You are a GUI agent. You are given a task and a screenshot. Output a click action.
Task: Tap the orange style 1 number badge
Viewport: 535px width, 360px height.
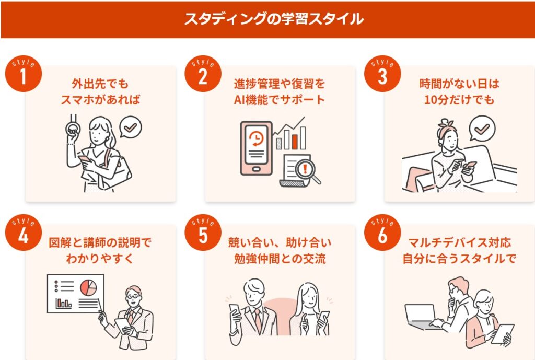click(x=22, y=75)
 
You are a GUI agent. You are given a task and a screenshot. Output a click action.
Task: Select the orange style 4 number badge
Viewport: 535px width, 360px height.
click(x=22, y=235)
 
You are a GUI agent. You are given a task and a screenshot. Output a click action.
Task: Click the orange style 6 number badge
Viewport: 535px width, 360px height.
click(x=382, y=235)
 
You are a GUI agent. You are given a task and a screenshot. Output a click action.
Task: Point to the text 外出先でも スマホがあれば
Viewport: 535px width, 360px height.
click(x=99, y=92)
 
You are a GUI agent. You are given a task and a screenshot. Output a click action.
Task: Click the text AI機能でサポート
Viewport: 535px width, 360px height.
click(x=279, y=100)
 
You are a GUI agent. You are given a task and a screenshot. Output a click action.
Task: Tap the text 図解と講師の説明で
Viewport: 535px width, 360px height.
click(x=99, y=243)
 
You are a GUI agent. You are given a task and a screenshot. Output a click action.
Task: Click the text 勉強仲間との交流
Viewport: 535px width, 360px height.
click(x=279, y=259)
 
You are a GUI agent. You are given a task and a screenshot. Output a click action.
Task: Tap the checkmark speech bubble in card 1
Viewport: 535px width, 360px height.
click(x=131, y=126)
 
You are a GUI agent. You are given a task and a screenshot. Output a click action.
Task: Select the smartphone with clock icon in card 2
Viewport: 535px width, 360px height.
click(x=256, y=148)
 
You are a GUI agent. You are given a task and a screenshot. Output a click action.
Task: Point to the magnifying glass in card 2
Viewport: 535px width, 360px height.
click(x=305, y=170)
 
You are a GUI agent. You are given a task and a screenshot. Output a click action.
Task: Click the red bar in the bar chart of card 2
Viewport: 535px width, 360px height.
click(x=295, y=141)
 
